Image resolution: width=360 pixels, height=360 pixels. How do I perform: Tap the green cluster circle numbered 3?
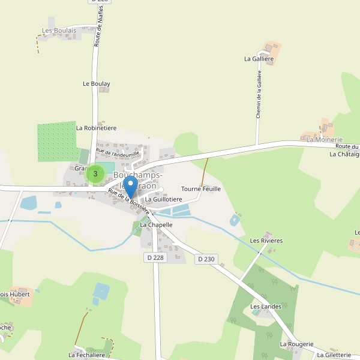coord(95,174)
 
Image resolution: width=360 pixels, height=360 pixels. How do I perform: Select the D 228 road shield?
coord(155,257)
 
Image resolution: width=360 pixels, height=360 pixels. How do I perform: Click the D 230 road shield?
coord(205,259)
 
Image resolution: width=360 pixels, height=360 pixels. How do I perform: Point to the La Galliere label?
coord(259,59)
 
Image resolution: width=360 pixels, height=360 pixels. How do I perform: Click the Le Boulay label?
coord(96,84)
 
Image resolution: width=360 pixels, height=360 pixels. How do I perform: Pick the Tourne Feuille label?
coord(201,188)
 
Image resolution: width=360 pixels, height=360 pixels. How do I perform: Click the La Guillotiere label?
coord(163,199)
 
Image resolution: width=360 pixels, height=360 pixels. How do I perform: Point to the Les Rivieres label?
coord(266,241)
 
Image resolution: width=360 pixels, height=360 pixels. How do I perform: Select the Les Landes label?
coord(266,307)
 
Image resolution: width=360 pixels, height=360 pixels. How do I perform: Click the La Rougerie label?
coord(296,344)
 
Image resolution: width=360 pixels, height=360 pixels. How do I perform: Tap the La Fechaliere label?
coord(88,355)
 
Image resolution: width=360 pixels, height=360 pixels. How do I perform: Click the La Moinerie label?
coord(324,139)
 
